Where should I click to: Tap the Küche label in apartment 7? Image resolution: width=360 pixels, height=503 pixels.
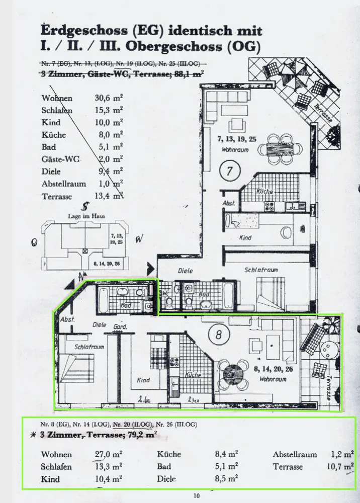(264, 192)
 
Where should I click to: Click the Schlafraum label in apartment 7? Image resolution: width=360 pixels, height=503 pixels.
(261, 270)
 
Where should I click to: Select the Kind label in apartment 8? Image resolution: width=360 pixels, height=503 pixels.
(143, 380)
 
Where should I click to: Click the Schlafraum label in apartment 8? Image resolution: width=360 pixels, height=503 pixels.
(89, 347)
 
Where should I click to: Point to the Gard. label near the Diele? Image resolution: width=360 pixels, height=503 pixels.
(120, 327)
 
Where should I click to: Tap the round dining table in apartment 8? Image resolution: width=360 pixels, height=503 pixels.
(233, 374)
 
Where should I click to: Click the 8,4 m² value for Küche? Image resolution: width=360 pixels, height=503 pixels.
(226, 454)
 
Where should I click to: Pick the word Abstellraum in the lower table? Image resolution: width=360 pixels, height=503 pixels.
(295, 454)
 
